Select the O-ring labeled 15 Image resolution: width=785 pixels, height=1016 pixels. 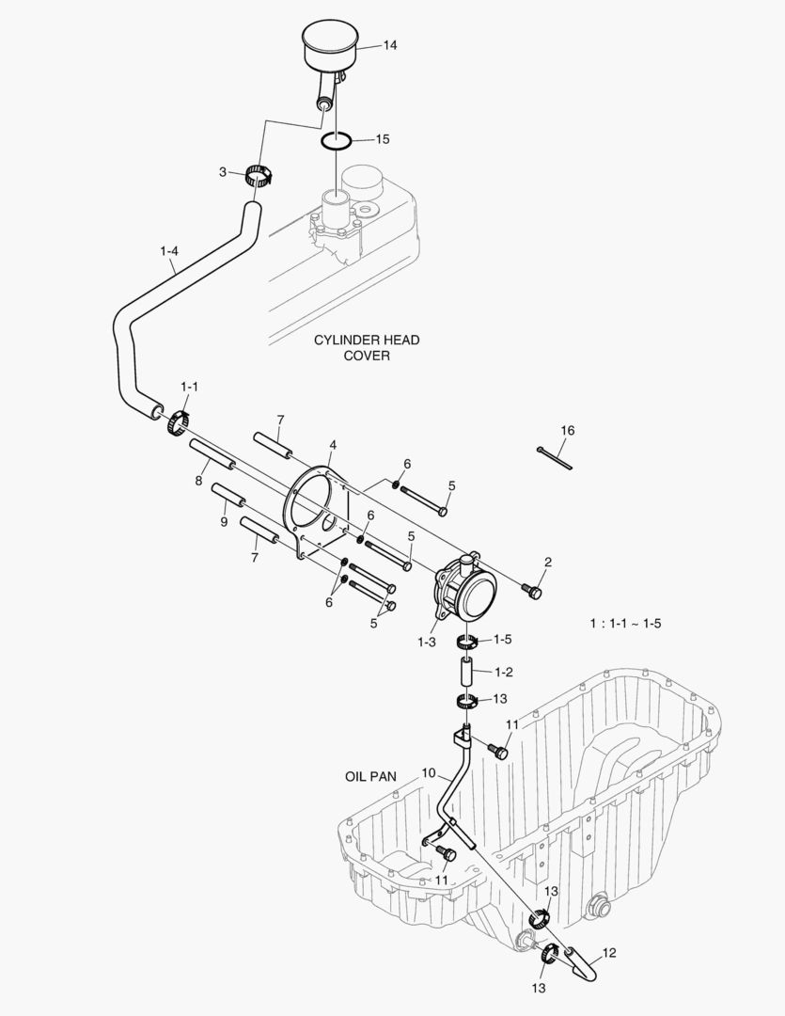pos(336,141)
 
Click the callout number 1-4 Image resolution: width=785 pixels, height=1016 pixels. pos(169,251)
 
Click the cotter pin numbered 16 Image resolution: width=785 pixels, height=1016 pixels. pos(556,457)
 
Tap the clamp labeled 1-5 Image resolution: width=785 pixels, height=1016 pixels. pos(465,643)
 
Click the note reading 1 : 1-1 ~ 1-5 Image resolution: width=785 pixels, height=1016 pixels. pos(625,624)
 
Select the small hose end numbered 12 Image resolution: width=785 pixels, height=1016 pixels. pos(586,964)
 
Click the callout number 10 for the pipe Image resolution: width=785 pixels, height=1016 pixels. pos(428,773)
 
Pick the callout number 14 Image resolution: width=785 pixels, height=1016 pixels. pos(390,45)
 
